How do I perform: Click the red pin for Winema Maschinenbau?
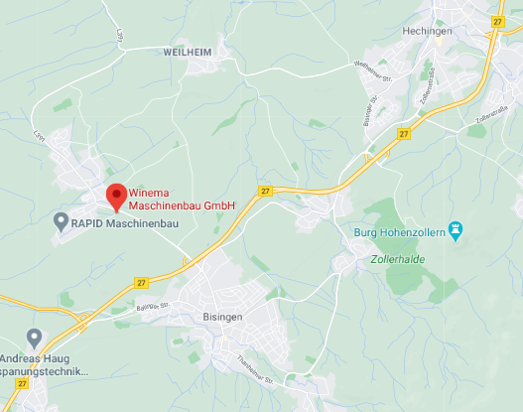coord(114,196)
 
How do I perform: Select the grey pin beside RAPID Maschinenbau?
coord(60,220)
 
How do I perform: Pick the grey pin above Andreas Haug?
coord(36,339)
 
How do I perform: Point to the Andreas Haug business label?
coord(48,364)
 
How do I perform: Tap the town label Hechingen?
coord(427,31)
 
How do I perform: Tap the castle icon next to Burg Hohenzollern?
coord(457,232)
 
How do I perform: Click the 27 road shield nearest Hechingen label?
coord(497,21)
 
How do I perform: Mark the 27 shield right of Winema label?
coord(265,191)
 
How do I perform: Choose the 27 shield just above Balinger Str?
coord(142,282)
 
